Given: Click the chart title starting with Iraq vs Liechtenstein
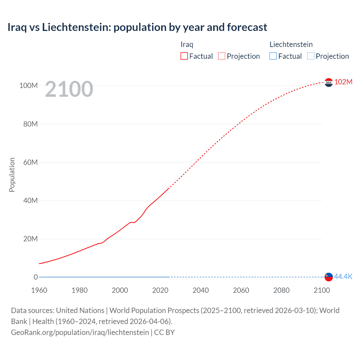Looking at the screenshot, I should pyautogui.click(x=137, y=27).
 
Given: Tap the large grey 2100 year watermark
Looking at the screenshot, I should pyautogui.click(x=69, y=89).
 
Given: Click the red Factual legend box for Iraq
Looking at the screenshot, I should pyautogui.click(x=184, y=56).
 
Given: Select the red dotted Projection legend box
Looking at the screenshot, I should pyautogui.click(x=222, y=56).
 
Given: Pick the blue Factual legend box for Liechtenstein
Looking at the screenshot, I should pyautogui.click(x=273, y=56).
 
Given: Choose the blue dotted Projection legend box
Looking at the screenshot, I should pyautogui.click(x=311, y=56).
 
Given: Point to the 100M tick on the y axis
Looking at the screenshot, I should pyautogui.click(x=28, y=85).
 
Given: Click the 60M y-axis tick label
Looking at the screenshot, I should pyautogui.click(x=30, y=162).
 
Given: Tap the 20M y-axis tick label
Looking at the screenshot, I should pyautogui.click(x=30, y=239).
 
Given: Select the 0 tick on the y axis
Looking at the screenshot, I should pyautogui.click(x=36, y=277).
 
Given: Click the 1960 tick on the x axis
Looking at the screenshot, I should pyautogui.click(x=39, y=290).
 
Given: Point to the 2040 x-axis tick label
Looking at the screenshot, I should pyautogui.click(x=201, y=290).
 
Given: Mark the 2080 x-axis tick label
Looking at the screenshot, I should pyautogui.click(x=281, y=290).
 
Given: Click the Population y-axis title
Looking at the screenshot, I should pyautogui.click(x=12, y=175).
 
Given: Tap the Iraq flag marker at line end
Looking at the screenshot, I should pyautogui.click(x=328, y=82).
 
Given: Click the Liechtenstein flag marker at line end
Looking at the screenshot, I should pyautogui.click(x=328, y=277).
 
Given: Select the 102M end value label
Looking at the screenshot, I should pyautogui.click(x=343, y=82).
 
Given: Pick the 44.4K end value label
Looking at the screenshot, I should pyautogui.click(x=343, y=276).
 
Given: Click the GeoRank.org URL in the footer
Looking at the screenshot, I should pyautogui.click(x=80, y=332).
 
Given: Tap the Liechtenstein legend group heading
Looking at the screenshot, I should pyautogui.click(x=291, y=44).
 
